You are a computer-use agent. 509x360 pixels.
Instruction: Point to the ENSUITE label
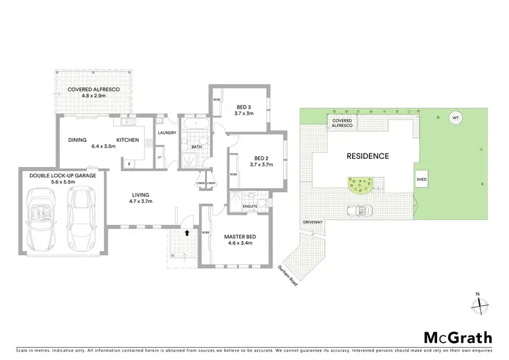click(x=250, y=206)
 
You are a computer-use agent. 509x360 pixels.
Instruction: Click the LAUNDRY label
click(x=167, y=133)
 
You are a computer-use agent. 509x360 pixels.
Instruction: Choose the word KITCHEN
click(x=128, y=140)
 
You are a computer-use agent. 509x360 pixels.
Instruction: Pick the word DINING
click(x=77, y=140)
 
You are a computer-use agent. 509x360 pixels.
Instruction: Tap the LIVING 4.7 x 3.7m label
click(x=141, y=198)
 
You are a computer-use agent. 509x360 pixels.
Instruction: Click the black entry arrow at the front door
click(x=188, y=234)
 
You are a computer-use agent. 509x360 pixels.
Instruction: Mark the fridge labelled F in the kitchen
click(x=128, y=162)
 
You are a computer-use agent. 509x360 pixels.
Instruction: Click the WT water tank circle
click(x=455, y=118)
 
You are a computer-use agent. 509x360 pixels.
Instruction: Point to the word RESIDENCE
click(x=368, y=156)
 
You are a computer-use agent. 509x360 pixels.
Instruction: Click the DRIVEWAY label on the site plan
click(x=312, y=222)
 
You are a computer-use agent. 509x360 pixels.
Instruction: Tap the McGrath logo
click(x=453, y=338)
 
